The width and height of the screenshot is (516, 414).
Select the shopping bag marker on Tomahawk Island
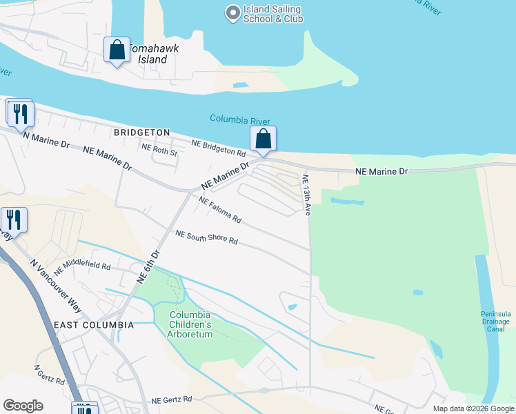117,50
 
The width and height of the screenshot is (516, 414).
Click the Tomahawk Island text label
148,55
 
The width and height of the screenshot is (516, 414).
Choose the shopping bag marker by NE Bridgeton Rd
264,139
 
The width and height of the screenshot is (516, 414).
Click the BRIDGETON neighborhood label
141,132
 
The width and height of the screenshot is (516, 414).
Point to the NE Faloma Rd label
220,210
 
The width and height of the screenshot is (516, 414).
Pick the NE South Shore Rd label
206,238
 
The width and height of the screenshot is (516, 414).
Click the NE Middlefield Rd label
81,265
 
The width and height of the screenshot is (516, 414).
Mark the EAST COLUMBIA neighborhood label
93,324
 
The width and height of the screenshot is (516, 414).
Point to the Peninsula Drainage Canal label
495,322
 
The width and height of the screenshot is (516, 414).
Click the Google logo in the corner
23,406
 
